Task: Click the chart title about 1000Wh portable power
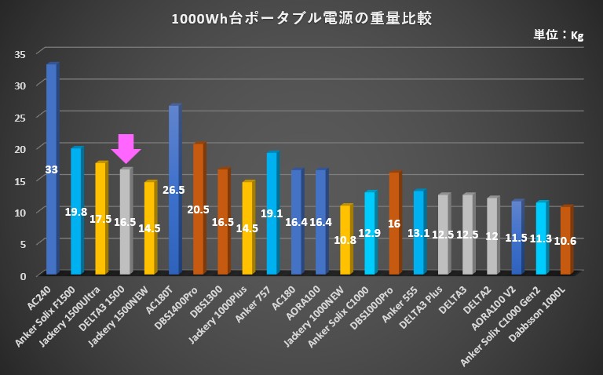coord(301,17)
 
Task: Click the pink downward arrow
coord(126,148)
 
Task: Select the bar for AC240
coord(51,169)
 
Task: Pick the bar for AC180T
coord(174,189)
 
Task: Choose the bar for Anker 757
coord(272,213)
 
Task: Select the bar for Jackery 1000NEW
coord(345,239)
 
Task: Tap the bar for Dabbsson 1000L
coord(565,240)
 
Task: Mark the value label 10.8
coord(345,239)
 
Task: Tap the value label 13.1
coord(418,232)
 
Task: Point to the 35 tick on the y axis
coord(20,53)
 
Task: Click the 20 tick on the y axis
coord(20,148)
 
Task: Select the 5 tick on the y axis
coord(23,243)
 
